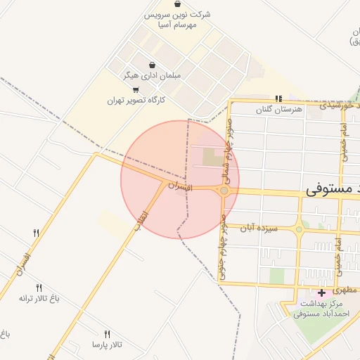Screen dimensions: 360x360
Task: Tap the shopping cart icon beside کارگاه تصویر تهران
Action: point(136,89)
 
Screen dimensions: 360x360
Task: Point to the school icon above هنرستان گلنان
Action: point(278,98)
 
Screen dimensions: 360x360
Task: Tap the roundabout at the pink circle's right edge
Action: point(224,191)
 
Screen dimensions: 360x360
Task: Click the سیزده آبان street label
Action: point(259,228)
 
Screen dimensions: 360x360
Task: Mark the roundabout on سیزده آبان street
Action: point(299,229)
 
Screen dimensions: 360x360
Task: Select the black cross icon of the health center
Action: point(322,292)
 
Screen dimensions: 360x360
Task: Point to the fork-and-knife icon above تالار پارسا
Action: point(107,334)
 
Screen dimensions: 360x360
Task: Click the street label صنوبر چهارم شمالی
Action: point(229,145)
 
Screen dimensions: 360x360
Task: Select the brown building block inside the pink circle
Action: point(211,155)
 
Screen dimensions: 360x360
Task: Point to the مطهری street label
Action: point(347,288)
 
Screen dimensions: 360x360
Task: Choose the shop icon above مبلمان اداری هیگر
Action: point(153,65)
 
